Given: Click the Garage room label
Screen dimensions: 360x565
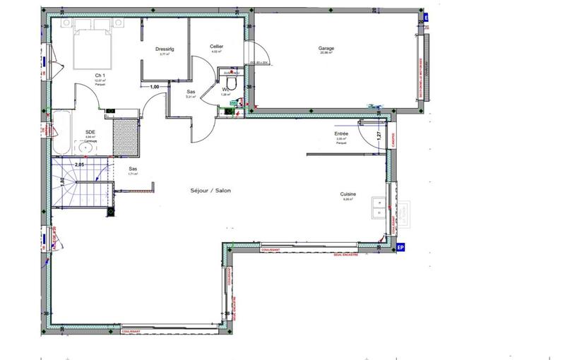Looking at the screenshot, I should [x=326, y=48].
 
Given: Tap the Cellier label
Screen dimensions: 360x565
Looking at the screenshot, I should [x=217, y=46].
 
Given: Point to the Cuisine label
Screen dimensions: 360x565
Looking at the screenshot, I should [x=347, y=194].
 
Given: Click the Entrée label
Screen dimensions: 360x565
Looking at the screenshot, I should [x=342, y=133].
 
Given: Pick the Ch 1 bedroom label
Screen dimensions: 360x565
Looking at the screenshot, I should [x=100, y=76].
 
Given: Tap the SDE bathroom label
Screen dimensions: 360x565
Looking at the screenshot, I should [x=90, y=131].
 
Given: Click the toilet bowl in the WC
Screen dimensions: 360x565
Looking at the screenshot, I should [x=236, y=85].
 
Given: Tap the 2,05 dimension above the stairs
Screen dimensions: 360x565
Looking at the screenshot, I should [x=80, y=164].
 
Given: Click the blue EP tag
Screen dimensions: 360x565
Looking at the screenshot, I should [x=400, y=248].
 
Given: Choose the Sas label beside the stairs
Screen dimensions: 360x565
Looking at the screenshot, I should [x=133, y=169].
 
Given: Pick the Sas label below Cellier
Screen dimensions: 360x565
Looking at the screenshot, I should [x=191, y=92].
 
